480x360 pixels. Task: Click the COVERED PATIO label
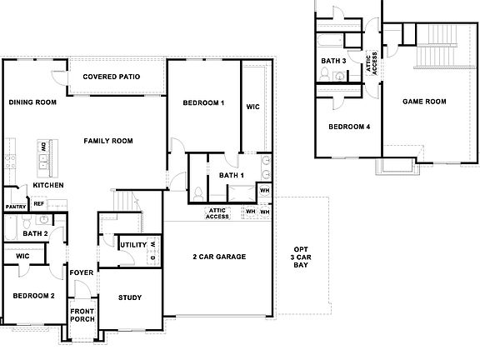pyautogui.click(x=111, y=77)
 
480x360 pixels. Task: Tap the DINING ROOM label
pyautogui.click(x=32, y=102)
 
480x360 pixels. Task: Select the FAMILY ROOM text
pyautogui.click(x=108, y=141)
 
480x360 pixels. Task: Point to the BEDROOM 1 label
pyautogui.click(x=203, y=102)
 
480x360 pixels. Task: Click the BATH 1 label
pyautogui.click(x=231, y=175)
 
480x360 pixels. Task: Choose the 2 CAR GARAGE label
pyautogui.click(x=219, y=257)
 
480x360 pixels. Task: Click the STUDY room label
pyautogui.click(x=129, y=297)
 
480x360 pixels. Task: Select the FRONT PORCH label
pyautogui.click(x=82, y=312)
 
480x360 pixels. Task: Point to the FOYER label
pyautogui.click(x=81, y=272)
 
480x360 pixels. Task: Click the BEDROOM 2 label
pyautogui.click(x=33, y=296)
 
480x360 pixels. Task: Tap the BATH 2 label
pyautogui.click(x=34, y=234)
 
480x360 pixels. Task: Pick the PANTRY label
pyautogui.click(x=15, y=206)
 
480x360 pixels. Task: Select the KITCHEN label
pyautogui.click(x=48, y=185)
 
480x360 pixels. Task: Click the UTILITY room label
pyautogui.click(x=133, y=245)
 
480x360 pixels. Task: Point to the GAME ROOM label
pyautogui.click(x=424, y=102)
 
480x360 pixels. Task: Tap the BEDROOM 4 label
pyautogui.click(x=348, y=127)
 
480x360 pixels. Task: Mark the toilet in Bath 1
pyautogui.click(x=197, y=192)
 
